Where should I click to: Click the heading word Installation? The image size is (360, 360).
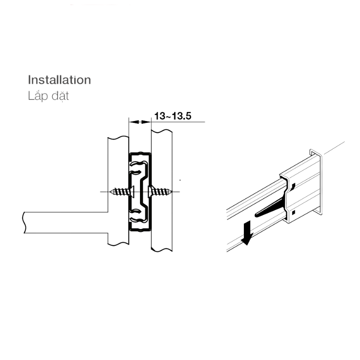pos(59,80)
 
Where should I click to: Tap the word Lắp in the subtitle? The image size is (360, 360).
pos(37,96)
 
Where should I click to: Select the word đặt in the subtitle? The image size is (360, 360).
pos(60,96)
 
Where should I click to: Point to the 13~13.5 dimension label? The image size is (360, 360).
pos(173,116)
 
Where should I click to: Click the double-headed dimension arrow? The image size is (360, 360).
pos(140,122)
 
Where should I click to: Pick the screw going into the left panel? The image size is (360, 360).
pos(121,192)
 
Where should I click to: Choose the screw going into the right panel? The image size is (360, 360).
pos(160,192)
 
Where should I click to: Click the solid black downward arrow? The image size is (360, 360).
pos(247,233)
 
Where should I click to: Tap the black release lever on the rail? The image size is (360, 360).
pos(270,208)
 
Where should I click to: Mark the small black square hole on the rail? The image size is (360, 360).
pos(293,212)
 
